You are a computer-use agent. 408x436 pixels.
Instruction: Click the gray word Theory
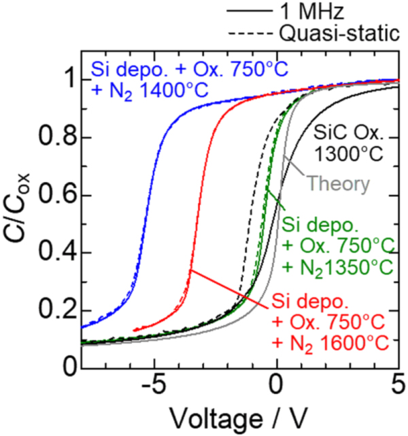tap(338, 183)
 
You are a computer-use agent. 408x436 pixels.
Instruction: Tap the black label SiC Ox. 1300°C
tap(352, 142)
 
